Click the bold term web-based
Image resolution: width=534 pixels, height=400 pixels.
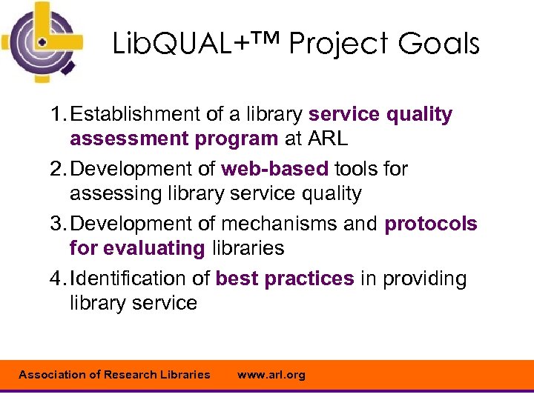[x=274, y=169]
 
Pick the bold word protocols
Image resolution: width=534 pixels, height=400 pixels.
[x=431, y=224]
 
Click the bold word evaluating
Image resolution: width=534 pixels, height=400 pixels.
[x=154, y=248]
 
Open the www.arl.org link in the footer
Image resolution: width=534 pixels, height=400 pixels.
[x=271, y=375]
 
